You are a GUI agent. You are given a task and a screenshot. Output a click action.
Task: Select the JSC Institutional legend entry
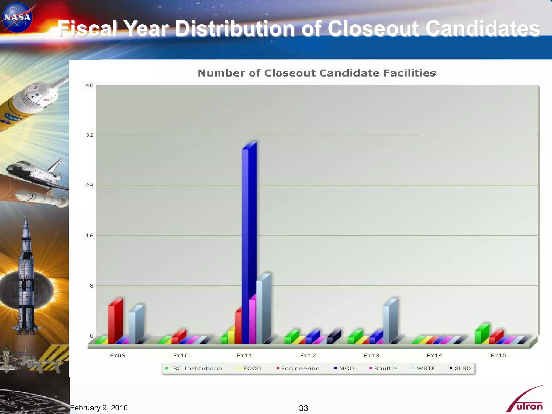point(195,368)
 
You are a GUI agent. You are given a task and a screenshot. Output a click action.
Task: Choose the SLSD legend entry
point(460,368)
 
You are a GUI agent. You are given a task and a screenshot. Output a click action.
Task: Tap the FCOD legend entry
point(250,368)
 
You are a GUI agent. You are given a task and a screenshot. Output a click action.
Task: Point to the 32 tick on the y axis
point(89,135)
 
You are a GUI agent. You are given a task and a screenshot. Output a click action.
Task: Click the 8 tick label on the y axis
point(92,286)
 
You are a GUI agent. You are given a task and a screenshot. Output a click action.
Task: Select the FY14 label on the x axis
point(434,356)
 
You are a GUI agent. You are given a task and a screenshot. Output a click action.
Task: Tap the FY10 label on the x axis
point(181,356)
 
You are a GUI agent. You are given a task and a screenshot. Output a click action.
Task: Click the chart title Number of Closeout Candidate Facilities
point(317,73)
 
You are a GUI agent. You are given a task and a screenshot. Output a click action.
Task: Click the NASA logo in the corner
point(17,17)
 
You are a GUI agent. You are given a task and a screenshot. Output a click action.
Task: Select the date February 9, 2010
point(99,408)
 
